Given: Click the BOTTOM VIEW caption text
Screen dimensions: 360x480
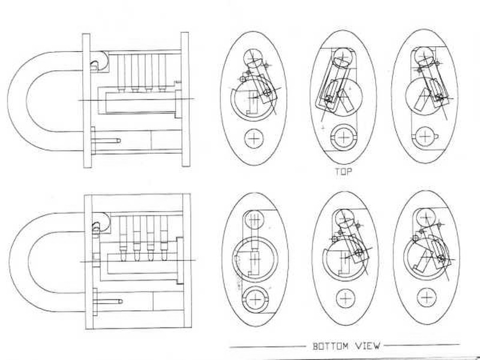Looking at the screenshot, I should click(x=344, y=346).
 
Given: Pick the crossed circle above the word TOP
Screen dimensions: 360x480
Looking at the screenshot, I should click(x=344, y=137).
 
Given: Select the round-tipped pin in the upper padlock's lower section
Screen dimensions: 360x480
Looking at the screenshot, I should click(x=108, y=140).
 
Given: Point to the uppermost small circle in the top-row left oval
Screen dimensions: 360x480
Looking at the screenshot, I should click(x=254, y=58).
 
